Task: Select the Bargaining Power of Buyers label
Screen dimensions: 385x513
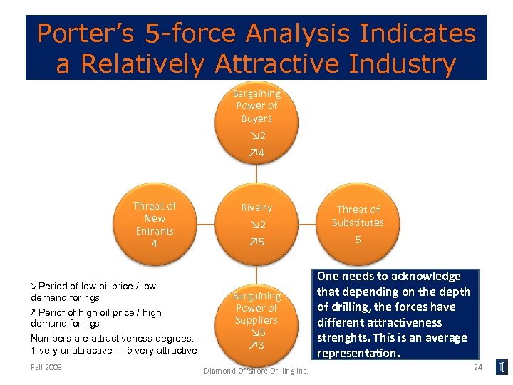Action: pyautogui.click(x=256, y=106)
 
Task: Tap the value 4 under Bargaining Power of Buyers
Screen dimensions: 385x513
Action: pyautogui.click(x=257, y=153)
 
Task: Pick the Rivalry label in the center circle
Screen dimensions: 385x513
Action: pyautogui.click(x=256, y=207)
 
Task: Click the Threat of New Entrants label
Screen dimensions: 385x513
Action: pyautogui.click(x=155, y=218)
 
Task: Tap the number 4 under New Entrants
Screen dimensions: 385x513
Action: pyautogui.click(x=155, y=244)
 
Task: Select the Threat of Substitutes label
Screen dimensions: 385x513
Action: pyautogui.click(x=358, y=215)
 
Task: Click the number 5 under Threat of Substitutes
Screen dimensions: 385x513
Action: pyautogui.click(x=358, y=240)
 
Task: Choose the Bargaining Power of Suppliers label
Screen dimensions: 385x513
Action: pyautogui.click(x=256, y=307)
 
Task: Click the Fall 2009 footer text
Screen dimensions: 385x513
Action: pyautogui.click(x=46, y=367)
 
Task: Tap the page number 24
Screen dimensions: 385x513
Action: pyautogui.click(x=478, y=366)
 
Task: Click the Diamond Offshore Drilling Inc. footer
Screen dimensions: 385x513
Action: pyautogui.click(x=256, y=371)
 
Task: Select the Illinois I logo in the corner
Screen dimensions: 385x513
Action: pyautogui.click(x=502, y=368)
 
